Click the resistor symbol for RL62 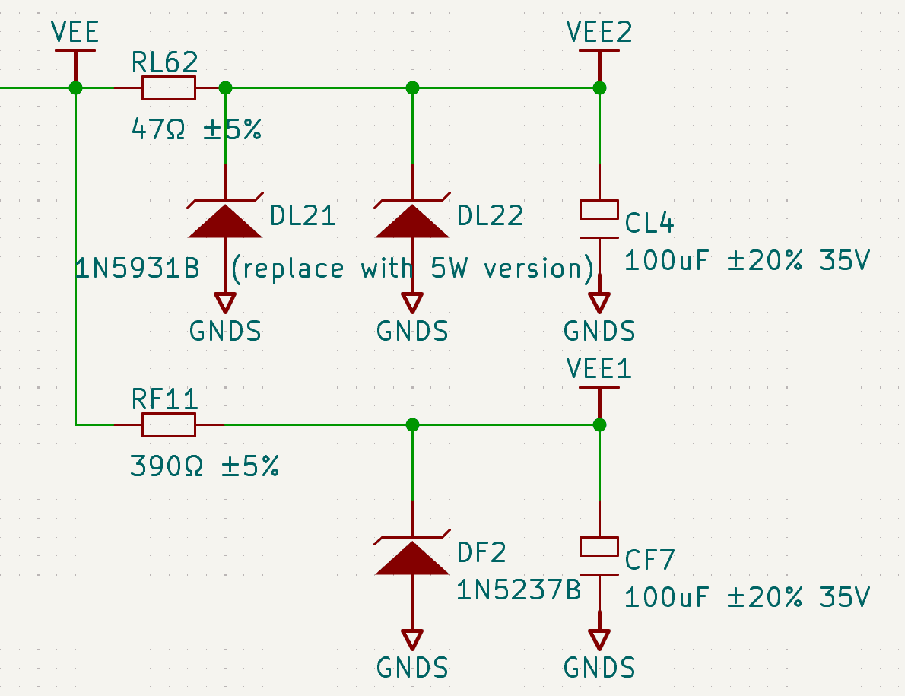(x=168, y=88)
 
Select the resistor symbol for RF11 (x=168, y=424)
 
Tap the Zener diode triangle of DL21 (x=225, y=221)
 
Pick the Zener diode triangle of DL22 (x=412, y=221)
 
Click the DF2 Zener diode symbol (x=412, y=558)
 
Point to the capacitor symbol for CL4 (x=599, y=221)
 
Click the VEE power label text (x=75, y=32)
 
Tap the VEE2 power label (x=599, y=32)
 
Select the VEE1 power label (x=599, y=369)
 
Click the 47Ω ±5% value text (x=196, y=129)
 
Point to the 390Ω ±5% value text (x=205, y=466)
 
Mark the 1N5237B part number (x=519, y=590)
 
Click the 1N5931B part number (x=137, y=269)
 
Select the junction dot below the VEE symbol (x=75, y=88)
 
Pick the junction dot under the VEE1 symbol (x=599, y=424)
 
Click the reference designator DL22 (x=490, y=217)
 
